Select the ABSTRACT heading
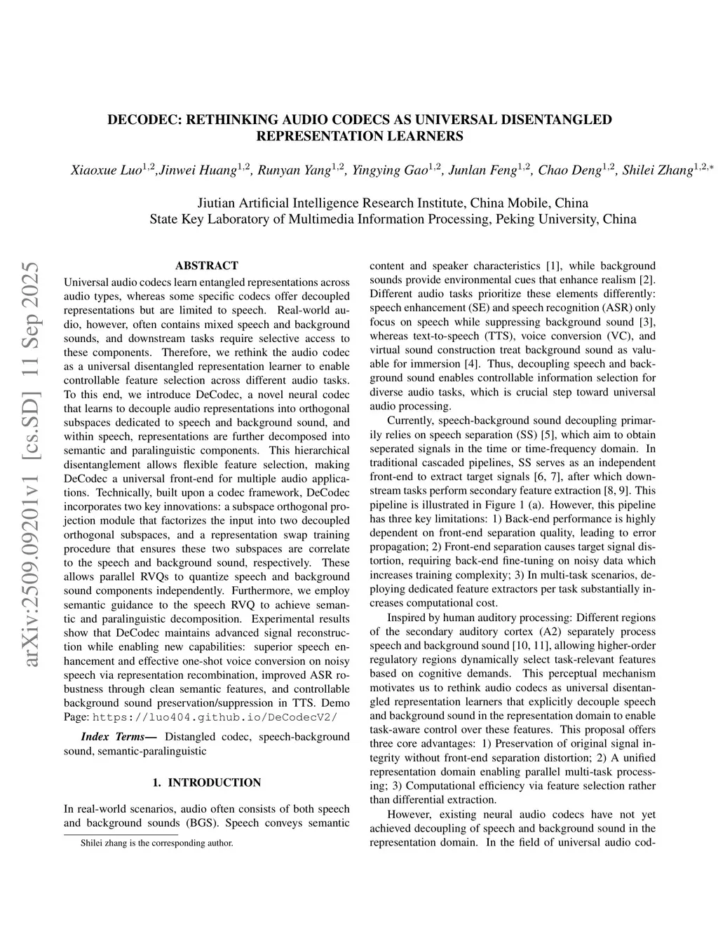tap(206, 266)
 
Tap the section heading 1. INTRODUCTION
tap(206, 782)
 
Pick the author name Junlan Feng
tap(484, 170)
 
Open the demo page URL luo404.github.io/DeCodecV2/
tap(215, 717)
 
